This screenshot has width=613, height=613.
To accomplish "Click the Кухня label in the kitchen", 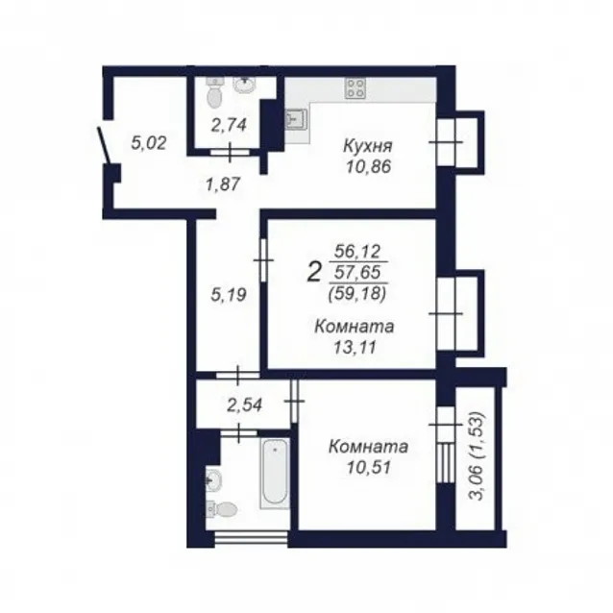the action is point(367,147).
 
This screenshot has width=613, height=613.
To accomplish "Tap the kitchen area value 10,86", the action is point(368,167).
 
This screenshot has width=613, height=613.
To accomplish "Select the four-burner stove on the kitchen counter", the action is point(356,88).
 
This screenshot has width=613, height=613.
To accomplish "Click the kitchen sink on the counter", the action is point(296,120).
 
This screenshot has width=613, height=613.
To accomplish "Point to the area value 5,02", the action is point(149,143).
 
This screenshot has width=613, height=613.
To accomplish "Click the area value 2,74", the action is point(229,125).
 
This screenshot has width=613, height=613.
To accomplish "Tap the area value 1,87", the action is point(223,184).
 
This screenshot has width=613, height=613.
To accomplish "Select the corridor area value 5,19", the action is point(229,295).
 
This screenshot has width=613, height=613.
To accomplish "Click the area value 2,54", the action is point(244,405).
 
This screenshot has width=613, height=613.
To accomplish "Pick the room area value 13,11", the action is point(355,347).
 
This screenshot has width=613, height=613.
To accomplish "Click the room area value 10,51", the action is point(369,467).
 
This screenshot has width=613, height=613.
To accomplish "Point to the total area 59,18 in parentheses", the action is point(357,294).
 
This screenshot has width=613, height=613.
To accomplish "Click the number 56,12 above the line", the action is point(357,252).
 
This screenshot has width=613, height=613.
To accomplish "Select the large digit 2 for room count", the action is point(314,273).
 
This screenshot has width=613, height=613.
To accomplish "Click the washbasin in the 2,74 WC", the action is point(245,86).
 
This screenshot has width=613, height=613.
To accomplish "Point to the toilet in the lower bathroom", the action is point(221,508).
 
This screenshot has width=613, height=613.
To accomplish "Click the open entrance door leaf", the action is point(105,145).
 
